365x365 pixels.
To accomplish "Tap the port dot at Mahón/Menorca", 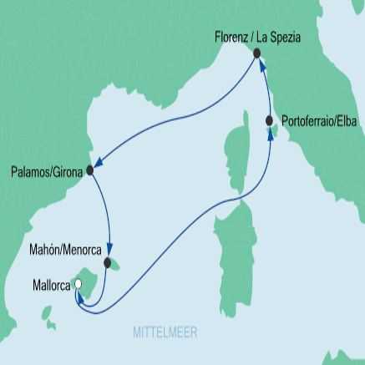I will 108,262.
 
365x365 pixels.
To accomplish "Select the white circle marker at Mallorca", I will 78,285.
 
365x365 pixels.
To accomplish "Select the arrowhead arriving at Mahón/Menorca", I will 106,253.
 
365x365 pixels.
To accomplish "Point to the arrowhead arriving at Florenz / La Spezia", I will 259,66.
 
